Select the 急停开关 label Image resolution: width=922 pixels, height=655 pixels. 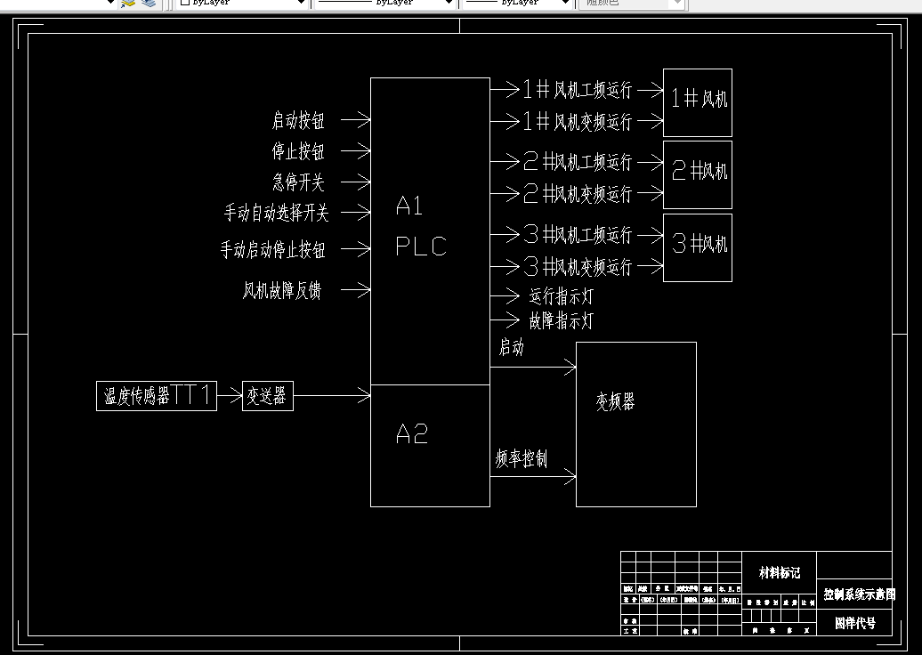tap(298, 182)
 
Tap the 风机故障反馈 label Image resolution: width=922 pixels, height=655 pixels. tap(281, 290)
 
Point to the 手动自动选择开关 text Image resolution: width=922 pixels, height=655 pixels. tap(276, 214)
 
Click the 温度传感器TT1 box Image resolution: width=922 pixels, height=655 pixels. tap(157, 396)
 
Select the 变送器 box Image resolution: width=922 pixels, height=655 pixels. tap(268, 396)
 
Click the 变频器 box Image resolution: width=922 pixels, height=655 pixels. tap(635, 424)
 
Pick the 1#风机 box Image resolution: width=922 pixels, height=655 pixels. tap(698, 102)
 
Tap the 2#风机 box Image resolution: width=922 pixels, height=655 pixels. tap(698, 174)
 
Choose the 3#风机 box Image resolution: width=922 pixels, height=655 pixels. tap(698, 247)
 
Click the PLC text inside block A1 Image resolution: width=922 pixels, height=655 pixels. tap(421, 247)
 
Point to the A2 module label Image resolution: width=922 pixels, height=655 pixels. tap(412, 434)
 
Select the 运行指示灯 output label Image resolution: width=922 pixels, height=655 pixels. tap(561, 296)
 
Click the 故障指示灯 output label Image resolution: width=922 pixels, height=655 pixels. tap(561, 320)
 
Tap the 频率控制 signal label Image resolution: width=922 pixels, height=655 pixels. tap(522, 459)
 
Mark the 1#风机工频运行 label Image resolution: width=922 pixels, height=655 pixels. tap(577, 90)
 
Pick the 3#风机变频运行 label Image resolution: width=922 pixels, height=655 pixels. tap(577, 266)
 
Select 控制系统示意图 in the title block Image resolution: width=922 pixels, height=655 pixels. tap(859, 594)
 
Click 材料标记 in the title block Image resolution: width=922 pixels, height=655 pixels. tap(779, 573)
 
